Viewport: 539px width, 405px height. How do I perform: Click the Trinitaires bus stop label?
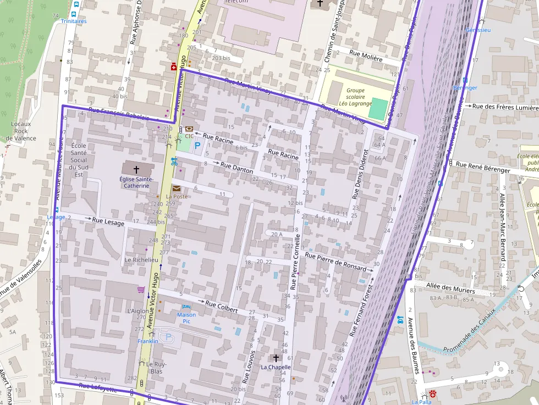pyautogui.click(x=74, y=21)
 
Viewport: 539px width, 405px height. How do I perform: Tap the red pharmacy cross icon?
pyautogui.click(x=173, y=67)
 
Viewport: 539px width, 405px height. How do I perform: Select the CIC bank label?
pyautogui.click(x=189, y=136)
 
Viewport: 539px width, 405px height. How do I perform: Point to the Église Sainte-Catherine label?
pyautogui.click(x=136, y=182)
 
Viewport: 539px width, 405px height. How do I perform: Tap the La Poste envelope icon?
pyautogui.click(x=177, y=188)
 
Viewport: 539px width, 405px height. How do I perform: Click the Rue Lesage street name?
pyautogui.click(x=108, y=221)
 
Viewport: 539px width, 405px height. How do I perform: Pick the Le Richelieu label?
pyautogui.click(x=141, y=259)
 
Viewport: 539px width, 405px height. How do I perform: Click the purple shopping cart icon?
pyautogui.click(x=141, y=290)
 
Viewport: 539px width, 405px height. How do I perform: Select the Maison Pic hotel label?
pyautogui.click(x=186, y=318)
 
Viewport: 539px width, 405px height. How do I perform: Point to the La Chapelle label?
pyautogui.click(x=276, y=367)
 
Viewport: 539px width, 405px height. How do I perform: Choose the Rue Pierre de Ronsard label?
pyautogui.click(x=335, y=262)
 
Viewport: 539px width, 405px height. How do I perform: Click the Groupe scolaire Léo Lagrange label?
pyautogui.click(x=355, y=97)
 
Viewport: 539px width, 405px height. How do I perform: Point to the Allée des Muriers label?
pyautogui.click(x=450, y=286)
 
